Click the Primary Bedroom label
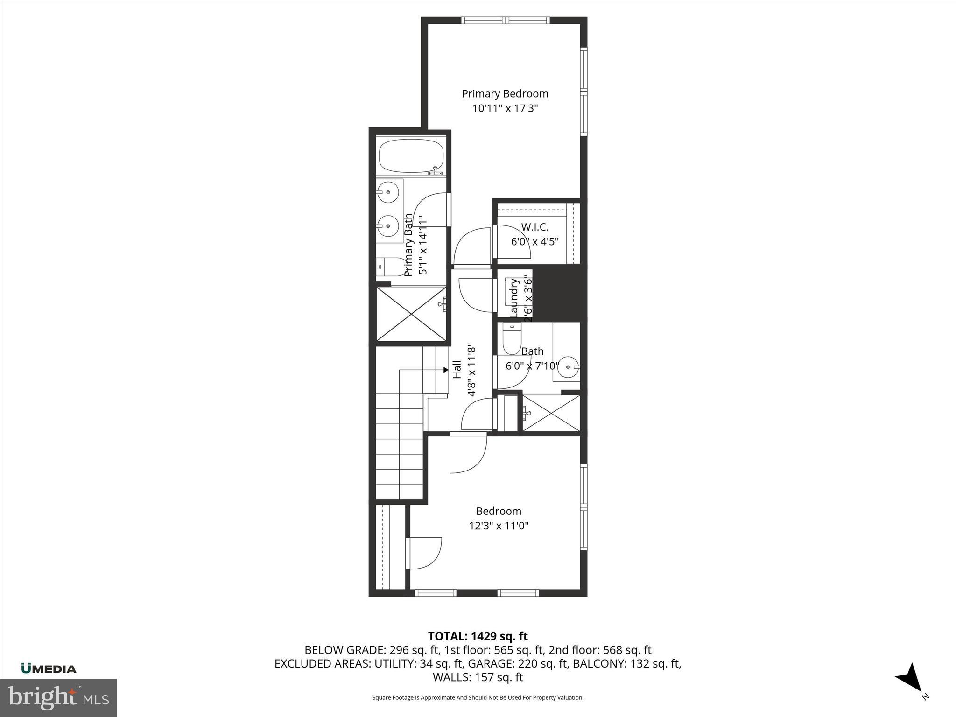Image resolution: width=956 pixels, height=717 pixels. pos(505,94)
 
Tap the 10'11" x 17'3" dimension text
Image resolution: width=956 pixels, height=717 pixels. pos(505,109)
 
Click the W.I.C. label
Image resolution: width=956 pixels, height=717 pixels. pos(534,227)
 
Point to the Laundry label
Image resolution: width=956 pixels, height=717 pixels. pos(514,297)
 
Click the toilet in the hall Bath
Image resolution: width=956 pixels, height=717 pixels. pos(512,339)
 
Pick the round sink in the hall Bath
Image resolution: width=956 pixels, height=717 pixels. pos(569,367)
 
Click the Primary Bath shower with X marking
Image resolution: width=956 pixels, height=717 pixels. pos(411,314)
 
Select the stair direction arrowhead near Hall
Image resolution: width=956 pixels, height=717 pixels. pos(445,370)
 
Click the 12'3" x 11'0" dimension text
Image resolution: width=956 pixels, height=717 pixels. pos(499,526)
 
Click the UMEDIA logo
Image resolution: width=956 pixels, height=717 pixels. pos(49,669)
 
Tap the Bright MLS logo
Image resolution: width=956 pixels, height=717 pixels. pos(58,697)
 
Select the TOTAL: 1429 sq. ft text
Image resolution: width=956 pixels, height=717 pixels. pos(478,636)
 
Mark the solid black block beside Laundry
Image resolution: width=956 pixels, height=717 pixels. pos(559,295)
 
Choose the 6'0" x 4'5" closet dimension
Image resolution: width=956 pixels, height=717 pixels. pos(534,242)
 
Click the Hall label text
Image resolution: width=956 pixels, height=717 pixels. pos(457,369)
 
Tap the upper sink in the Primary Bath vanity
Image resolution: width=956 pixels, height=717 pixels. pos(388,192)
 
